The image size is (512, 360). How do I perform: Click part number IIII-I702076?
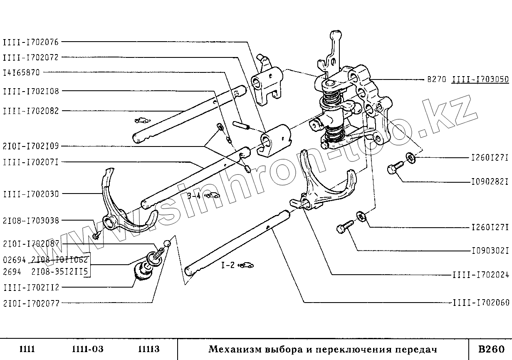[x=31, y=42]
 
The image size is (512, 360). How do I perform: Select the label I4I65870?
[x=21, y=72]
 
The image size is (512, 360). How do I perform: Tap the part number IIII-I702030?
[x=31, y=194]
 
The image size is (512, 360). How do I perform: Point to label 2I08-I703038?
[x=31, y=221]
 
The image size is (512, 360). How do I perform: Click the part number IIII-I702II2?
[x=31, y=287]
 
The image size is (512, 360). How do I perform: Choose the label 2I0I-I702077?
[x=31, y=303]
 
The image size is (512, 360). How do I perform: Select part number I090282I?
[x=490, y=182]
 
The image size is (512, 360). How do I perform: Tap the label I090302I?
[x=490, y=251]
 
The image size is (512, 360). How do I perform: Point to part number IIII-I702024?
[x=481, y=275]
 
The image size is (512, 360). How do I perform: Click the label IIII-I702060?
[x=481, y=303]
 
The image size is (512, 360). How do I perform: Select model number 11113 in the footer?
[x=148, y=349]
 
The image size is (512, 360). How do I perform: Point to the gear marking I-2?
[x=228, y=265]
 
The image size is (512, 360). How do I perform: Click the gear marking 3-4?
[x=194, y=196]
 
